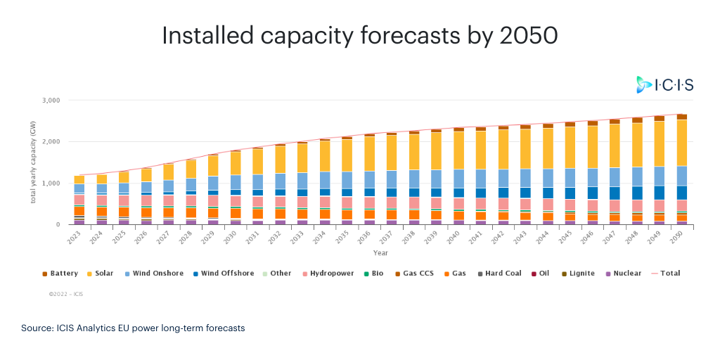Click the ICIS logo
click(664, 85)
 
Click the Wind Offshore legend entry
click(224, 274)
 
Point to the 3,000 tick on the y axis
click(51, 101)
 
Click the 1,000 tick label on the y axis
click(51, 184)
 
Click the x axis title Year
click(380, 252)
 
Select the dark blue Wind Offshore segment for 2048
click(637, 193)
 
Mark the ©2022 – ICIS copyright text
click(65, 294)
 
